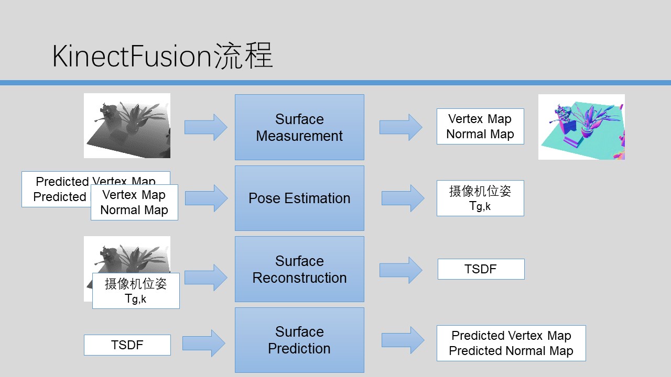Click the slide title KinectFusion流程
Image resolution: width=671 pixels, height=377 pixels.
click(163, 56)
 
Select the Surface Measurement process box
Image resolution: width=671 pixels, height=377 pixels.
click(299, 127)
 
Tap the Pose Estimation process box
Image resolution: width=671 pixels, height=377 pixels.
click(299, 198)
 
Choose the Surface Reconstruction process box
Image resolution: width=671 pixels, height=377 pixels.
click(299, 269)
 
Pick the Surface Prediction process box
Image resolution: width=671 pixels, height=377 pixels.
click(299, 340)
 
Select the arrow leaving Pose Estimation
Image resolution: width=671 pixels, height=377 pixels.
click(403, 198)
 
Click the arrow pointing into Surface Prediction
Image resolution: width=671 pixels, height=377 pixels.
click(204, 343)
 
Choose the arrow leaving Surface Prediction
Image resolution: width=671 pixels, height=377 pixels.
click(403, 340)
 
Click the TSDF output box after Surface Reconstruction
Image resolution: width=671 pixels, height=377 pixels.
click(481, 269)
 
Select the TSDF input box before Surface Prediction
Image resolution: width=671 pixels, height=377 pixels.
click(127, 345)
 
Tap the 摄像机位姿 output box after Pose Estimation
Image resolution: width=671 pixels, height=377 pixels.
click(480, 198)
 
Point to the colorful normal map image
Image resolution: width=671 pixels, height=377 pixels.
click(581, 127)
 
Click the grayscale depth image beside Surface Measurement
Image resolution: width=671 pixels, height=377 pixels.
click(127, 126)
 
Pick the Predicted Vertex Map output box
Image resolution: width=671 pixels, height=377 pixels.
click(511, 343)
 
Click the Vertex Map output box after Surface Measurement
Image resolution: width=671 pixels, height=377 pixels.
click(480, 126)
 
